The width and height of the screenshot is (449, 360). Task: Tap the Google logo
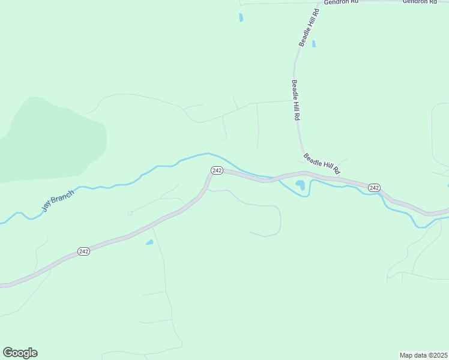coord(20,353)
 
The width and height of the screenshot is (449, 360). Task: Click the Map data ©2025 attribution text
coord(423,355)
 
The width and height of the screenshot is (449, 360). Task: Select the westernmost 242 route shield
coord(83,251)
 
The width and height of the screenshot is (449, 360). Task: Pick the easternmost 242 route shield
coord(374,188)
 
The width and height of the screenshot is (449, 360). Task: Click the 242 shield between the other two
coord(217,170)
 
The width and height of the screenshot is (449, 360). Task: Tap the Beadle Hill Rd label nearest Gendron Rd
coord(309,28)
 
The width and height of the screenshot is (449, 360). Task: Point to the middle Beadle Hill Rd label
coord(295,101)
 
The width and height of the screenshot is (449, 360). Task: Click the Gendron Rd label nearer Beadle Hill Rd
coord(341,2)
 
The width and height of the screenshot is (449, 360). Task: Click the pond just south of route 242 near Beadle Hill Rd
coord(300,185)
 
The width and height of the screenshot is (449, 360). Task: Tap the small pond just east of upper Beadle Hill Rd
coord(314,43)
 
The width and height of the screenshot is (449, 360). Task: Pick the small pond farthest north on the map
coord(241,17)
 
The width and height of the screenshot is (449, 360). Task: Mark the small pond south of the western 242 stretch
coord(149,242)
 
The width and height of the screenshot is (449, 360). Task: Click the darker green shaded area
coord(54,138)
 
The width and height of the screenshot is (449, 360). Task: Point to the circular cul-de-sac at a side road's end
coord(130,213)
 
